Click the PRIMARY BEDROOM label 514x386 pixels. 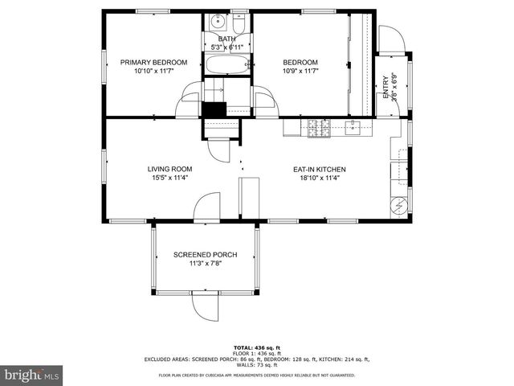click(153, 62)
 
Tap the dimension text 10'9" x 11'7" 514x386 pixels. click(300, 71)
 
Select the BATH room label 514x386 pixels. click(226, 39)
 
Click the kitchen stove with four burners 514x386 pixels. click(319, 128)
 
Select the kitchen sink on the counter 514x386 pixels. click(352, 125)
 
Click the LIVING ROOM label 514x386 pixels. click(169, 169)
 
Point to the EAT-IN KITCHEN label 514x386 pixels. click(319, 169)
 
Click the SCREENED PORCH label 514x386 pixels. click(206, 255)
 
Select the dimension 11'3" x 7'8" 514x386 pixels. click(206, 264)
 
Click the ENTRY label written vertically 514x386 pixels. click(385, 86)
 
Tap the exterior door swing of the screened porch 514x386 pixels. click(206, 304)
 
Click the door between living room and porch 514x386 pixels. click(206, 206)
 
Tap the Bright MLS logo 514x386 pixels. click(32, 375)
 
